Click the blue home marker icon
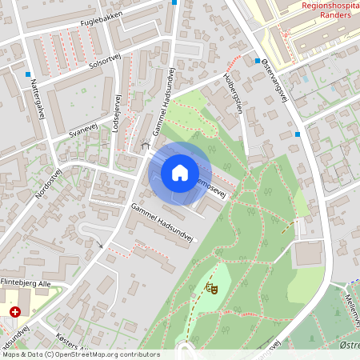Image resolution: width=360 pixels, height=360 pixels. click(180, 172)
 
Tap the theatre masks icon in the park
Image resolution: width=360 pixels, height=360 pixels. click(211, 286)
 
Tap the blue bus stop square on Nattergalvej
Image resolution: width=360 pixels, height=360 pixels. click(27, 74)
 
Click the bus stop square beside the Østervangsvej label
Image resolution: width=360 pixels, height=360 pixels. click(258, 61)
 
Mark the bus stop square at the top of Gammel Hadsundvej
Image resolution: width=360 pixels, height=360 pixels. click(174, 2)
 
